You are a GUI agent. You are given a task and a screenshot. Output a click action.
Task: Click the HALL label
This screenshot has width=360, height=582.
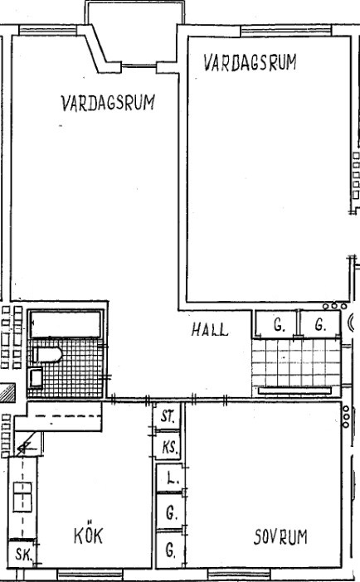pyautogui.click(x=210, y=329)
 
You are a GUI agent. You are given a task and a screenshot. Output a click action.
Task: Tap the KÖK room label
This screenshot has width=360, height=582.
pyautogui.click(x=88, y=535)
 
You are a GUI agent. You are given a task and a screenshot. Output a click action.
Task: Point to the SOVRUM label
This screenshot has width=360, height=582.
pyautogui.click(x=280, y=537)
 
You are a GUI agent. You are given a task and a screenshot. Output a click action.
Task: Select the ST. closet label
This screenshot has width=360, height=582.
pyautogui.click(x=168, y=416)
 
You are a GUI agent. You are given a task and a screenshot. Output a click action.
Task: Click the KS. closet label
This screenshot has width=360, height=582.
pyautogui.click(x=170, y=447)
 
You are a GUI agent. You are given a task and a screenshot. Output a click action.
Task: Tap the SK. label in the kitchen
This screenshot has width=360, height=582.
pyautogui.click(x=24, y=555)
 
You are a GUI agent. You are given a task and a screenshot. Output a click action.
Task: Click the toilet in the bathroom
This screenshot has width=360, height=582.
pyautogui.click(x=46, y=355)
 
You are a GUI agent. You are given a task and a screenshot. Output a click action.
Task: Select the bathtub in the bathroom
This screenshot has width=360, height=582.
pyautogui.click(x=66, y=324)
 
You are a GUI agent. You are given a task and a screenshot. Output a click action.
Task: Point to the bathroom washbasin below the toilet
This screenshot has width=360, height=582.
pyautogui.click(x=36, y=378)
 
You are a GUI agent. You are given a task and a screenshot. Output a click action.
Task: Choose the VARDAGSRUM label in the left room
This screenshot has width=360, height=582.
pyautogui.click(x=108, y=103)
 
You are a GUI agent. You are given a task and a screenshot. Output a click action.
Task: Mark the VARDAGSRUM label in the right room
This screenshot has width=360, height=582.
pyautogui.click(x=250, y=62)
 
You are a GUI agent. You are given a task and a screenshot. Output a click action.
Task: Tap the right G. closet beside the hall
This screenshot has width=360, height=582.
pyautogui.click(x=320, y=325)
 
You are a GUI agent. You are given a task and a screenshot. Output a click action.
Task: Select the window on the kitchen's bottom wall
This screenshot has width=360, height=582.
pyautogui.click(x=90, y=574)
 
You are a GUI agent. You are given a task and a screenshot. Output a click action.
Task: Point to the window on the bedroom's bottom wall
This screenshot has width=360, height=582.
pyautogui.click(x=239, y=574)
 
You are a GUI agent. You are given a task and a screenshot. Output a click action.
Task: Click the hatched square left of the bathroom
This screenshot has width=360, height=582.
pyautogui.click(x=7, y=393)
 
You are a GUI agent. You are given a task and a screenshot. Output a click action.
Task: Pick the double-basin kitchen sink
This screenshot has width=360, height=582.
pyautogui.click(x=22, y=497)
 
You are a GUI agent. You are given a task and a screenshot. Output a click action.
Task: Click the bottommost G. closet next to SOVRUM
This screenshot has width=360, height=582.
pyautogui.click(x=169, y=550)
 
